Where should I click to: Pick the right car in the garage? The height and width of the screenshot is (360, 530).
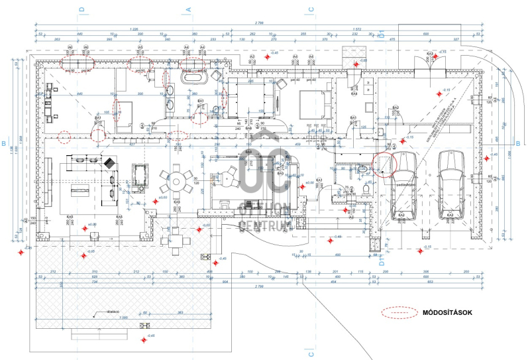(x=450, y=184)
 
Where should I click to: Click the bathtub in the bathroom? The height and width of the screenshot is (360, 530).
(x=193, y=78)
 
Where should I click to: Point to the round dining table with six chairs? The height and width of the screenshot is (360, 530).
(x=177, y=179)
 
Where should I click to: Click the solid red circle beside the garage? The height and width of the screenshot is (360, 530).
(x=384, y=162)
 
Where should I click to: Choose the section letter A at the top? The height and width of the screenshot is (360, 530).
(x=188, y=10)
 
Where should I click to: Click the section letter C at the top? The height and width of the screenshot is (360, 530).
(x=309, y=10)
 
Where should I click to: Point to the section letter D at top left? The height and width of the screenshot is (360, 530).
(x=81, y=10)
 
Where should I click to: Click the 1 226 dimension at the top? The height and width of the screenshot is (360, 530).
(x=134, y=29)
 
